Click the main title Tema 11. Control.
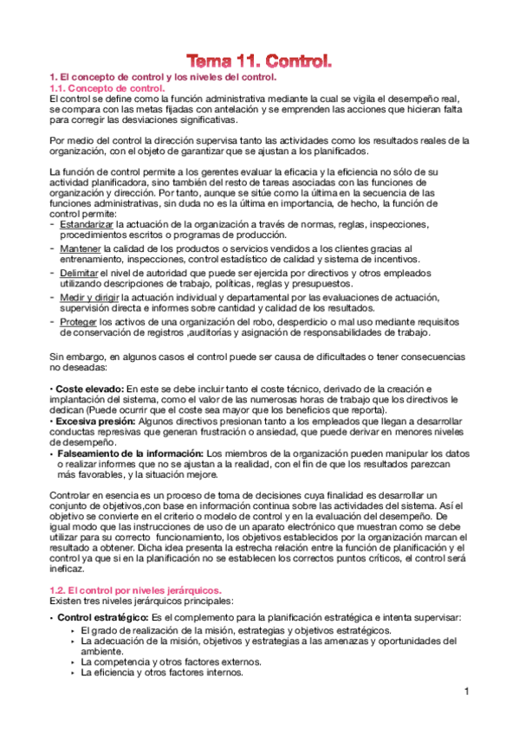[x=260, y=61]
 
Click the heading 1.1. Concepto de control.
[x=107, y=88]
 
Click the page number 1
[x=465, y=691]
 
